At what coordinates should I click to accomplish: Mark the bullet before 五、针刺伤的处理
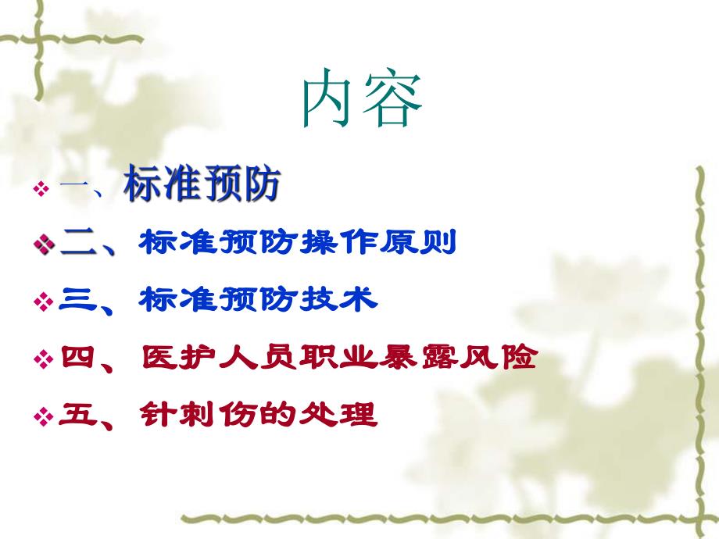tap(43, 416)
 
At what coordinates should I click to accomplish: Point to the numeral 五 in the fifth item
tap(76, 415)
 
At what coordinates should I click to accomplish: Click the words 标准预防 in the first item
tap(202, 187)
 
